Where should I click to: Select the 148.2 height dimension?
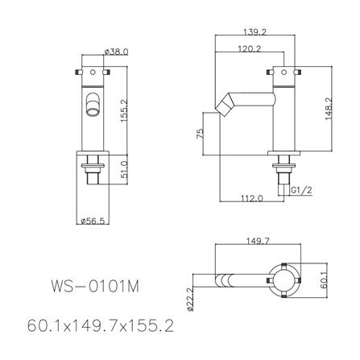(x=330, y=109)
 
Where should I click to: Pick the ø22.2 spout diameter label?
(x=189, y=297)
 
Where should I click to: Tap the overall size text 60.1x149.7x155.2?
(x=97, y=327)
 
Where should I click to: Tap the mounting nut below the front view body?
(x=95, y=168)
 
